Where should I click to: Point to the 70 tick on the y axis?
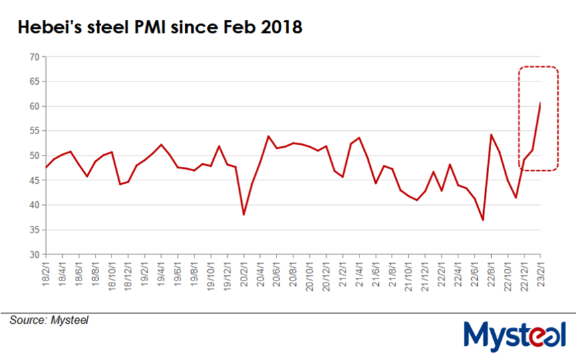[33, 57]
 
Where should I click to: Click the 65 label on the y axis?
[33, 81]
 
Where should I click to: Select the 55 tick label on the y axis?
[33, 131]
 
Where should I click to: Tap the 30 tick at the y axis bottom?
[33, 254]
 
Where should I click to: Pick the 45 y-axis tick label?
[33, 180]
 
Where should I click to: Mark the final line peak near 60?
[540, 103]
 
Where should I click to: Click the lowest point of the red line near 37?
[482, 220]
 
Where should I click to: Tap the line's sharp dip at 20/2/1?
[244, 214]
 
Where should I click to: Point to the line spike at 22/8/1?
[491, 135]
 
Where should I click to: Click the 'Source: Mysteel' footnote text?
[49, 321]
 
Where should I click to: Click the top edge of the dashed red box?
[539, 67]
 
